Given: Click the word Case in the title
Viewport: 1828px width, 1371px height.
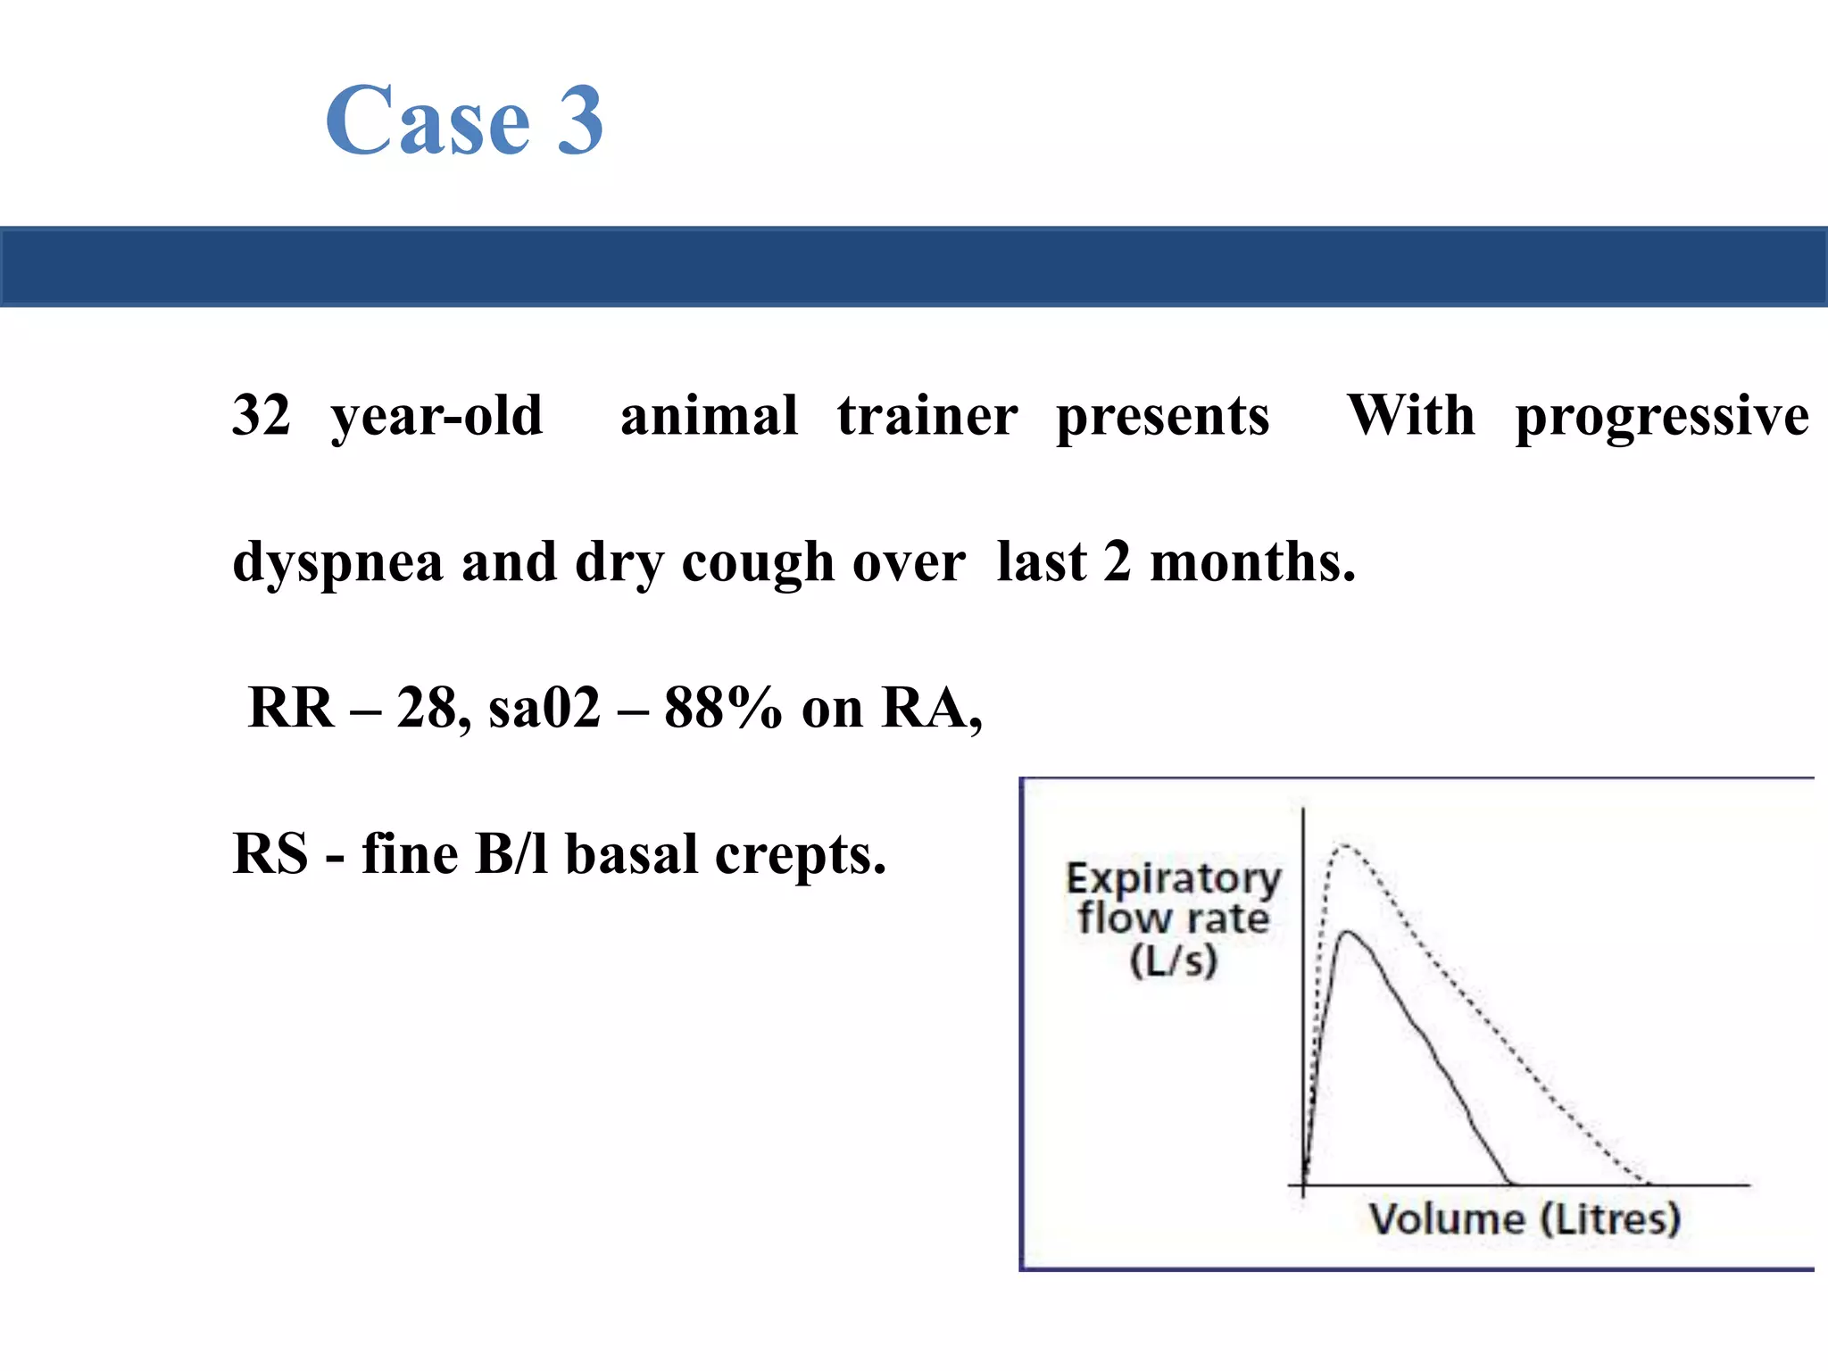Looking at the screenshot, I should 428,120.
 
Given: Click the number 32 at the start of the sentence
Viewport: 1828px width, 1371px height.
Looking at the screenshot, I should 261,415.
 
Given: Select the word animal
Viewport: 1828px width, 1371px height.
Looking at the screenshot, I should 709,415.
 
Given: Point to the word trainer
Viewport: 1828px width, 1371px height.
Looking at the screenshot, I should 927,415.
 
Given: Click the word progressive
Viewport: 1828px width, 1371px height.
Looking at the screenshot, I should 1662,417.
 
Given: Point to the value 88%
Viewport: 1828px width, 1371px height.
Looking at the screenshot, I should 723,708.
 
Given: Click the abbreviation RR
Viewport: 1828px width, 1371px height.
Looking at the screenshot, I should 291,708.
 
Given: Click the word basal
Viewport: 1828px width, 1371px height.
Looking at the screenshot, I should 632,853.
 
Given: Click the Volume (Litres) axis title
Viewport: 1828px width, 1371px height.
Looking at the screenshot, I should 1525,1219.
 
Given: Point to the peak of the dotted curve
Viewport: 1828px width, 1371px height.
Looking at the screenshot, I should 1345,844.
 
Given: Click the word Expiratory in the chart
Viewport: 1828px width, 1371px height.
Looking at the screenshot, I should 1173,879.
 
